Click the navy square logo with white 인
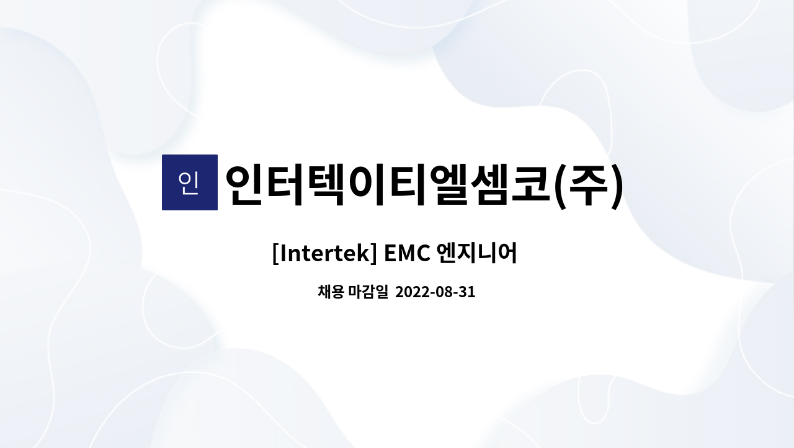point(189,182)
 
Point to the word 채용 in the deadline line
point(331,292)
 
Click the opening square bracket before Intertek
point(275,254)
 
